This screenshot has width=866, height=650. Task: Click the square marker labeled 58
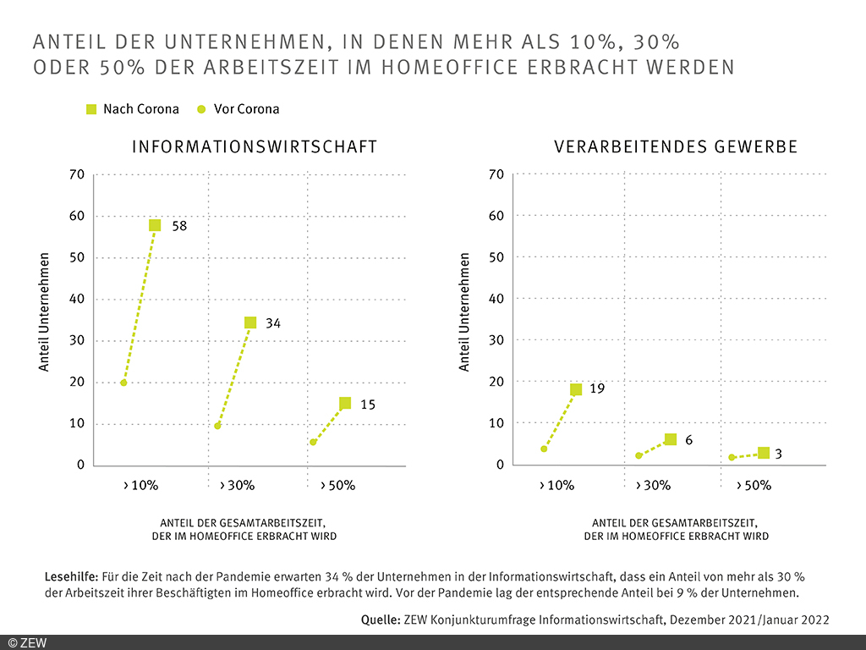pos(155,225)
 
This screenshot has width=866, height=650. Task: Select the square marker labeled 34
pos(250,322)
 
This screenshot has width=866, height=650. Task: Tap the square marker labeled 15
pos(345,404)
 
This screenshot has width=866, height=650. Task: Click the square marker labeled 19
pos(576,389)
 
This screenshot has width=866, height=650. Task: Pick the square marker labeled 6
pos(671,439)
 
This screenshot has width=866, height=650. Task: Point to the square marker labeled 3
pos(764,454)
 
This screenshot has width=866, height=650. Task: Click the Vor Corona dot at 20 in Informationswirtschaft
pos(123,383)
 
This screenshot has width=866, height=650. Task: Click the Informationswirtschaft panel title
pos(255,147)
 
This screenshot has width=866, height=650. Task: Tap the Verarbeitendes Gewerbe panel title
pos(676,147)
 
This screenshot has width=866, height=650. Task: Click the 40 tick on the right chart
pos(496,299)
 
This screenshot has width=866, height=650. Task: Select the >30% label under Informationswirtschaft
pos(237,486)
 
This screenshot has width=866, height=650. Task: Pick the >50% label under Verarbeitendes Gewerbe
pos(754,486)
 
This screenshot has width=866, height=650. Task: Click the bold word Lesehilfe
pos(72,576)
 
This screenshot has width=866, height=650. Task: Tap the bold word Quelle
pos(381,620)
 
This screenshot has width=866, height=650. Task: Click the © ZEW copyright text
pos(27,642)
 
